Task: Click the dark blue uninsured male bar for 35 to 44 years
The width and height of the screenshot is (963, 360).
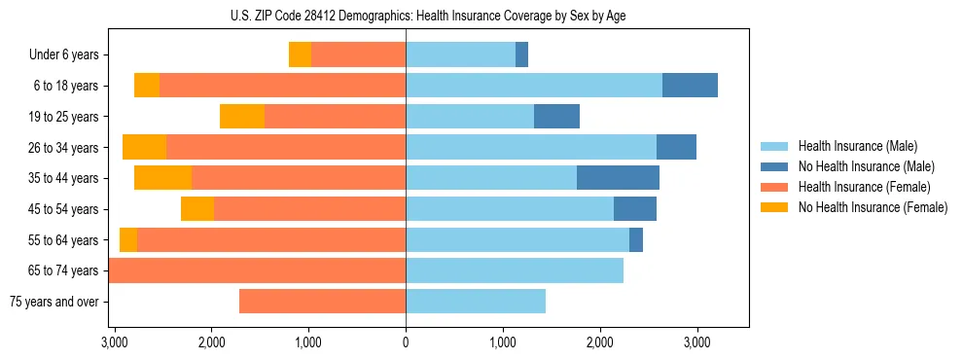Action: pyautogui.click(x=618, y=178)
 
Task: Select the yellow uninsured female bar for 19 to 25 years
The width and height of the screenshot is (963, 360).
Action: pyautogui.click(x=242, y=117)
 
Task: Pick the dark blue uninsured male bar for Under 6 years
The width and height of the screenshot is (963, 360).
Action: pyautogui.click(x=521, y=55)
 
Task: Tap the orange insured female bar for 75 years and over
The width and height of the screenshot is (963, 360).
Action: pyautogui.click(x=322, y=302)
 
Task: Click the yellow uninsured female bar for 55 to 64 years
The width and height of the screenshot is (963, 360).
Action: pyautogui.click(x=128, y=240)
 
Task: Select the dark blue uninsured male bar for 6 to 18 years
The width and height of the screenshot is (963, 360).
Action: pyautogui.click(x=690, y=86)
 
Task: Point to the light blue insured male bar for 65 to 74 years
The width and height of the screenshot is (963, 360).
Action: pyautogui.click(x=515, y=270)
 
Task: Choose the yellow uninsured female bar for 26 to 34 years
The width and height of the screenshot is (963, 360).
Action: pyautogui.click(x=145, y=148)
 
